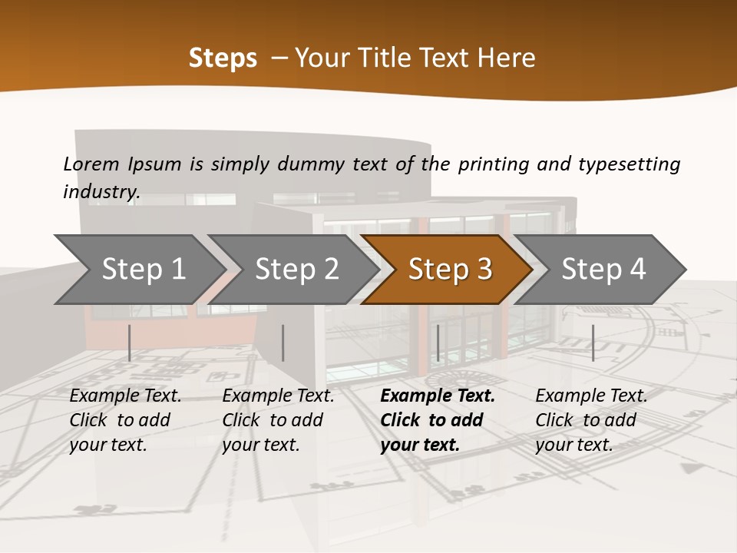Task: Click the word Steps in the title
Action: point(223,58)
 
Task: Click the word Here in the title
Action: point(506,58)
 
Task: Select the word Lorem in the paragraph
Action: point(91,164)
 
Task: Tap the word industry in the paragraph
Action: point(101,191)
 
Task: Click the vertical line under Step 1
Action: point(130,343)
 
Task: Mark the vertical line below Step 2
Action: point(283,343)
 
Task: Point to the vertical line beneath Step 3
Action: point(438,343)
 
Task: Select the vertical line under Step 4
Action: point(593,343)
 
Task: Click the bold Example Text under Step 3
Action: point(438,396)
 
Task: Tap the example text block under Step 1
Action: point(125,420)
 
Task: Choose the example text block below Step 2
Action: point(278,420)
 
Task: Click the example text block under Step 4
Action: point(591,420)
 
